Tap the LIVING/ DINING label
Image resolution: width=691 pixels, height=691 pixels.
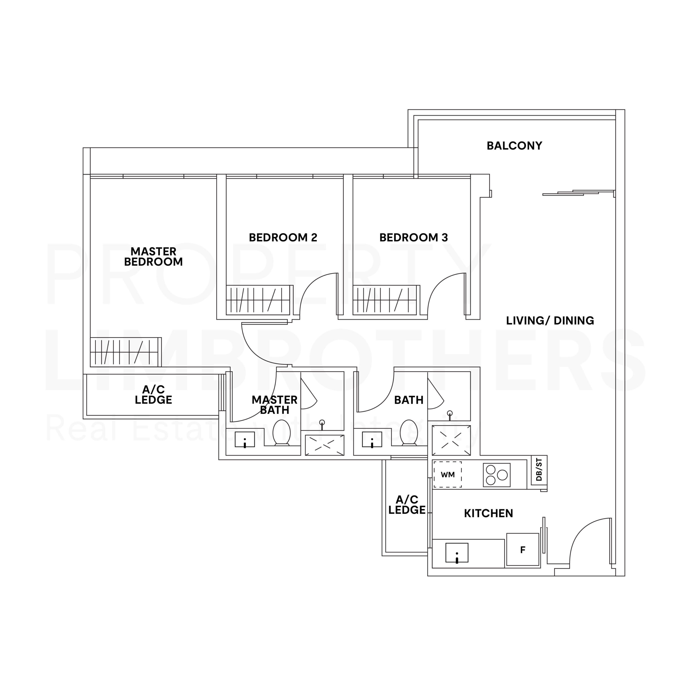coord(550,320)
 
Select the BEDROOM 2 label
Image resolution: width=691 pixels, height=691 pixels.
coord(283,238)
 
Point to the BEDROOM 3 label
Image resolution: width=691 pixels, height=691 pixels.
coord(414,238)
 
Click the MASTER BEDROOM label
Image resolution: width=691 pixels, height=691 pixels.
coord(153,256)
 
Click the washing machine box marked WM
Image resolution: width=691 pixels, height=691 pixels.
coord(448,475)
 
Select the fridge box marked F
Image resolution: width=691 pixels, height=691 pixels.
coord(523,550)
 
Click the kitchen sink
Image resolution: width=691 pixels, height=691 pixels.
coord(457,553)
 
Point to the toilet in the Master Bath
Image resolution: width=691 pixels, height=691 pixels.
coord(282,432)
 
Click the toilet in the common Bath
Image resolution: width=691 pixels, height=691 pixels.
coord(408,432)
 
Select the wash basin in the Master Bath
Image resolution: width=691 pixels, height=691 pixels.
coord(245,439)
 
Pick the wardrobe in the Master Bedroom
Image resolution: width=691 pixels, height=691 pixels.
coord(125,352)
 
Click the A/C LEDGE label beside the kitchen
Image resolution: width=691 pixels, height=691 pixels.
coord(407,505)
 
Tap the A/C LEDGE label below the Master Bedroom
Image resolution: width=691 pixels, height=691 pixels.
coord(153,395)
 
